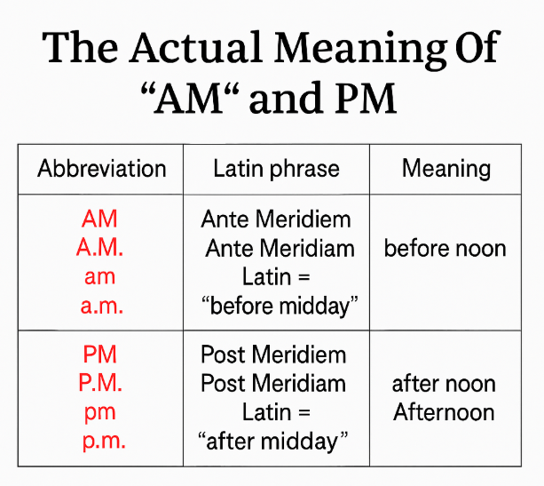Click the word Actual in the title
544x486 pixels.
[x=195, y=47]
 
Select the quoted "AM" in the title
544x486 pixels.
[x=190, y=98]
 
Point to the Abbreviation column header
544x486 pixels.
[x=102, y=169]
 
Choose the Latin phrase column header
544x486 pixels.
[x=276, y=169]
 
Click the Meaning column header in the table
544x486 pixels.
[x=446, y=170]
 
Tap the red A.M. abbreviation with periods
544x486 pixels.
[x=100, y=248]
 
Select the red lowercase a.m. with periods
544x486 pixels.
[x=102, y=306]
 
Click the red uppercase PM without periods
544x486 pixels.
[x=100, y=355]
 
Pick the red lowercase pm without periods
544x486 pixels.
[x=100, y=413]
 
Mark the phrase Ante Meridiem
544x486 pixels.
[x=276, y=219]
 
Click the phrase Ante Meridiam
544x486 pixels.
[x=280, y=249]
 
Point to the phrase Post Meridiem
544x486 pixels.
[x=273, y=355]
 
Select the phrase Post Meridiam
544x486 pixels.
[x=273, y=384]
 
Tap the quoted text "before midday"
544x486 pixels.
[x=280, y=307]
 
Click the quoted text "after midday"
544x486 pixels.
[x=272, y=442]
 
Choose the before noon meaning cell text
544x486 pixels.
[x=445, y=249]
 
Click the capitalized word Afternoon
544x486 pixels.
[x=444, y=412]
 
